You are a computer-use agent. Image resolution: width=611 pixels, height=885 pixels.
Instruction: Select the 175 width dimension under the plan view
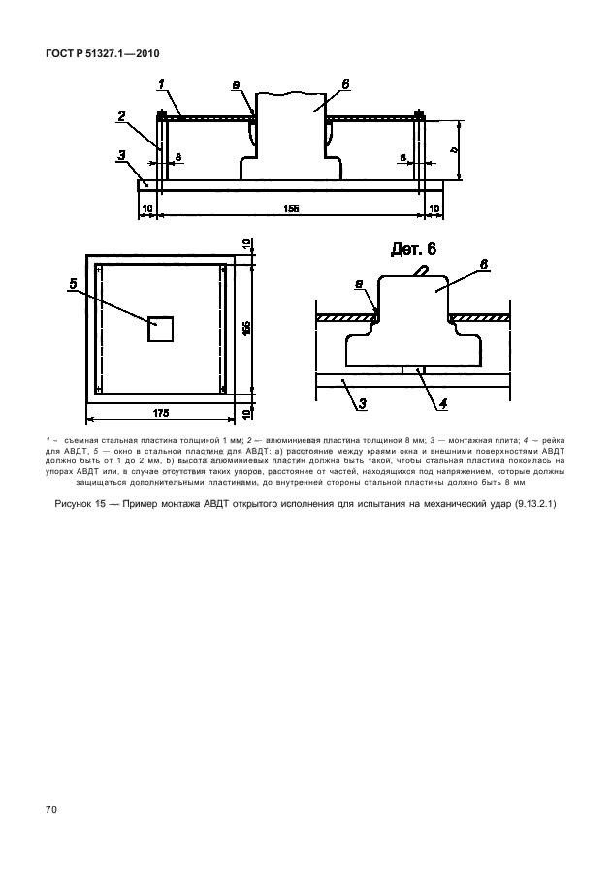coord(160,413)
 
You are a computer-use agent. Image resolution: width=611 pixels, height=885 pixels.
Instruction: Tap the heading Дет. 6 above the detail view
coord(413,249)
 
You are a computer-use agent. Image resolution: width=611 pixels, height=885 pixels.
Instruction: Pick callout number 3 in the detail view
coord(361,405)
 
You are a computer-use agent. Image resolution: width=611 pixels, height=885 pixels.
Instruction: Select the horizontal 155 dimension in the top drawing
coord(289,206)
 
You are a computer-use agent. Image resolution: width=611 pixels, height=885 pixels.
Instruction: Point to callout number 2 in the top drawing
coord(121,117)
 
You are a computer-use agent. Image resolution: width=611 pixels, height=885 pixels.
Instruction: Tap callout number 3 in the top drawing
coord(121,154)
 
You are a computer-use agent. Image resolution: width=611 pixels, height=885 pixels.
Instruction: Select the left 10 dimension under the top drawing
coord(147,206)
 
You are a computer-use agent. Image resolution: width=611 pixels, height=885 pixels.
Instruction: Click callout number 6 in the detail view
coord(483,264)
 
